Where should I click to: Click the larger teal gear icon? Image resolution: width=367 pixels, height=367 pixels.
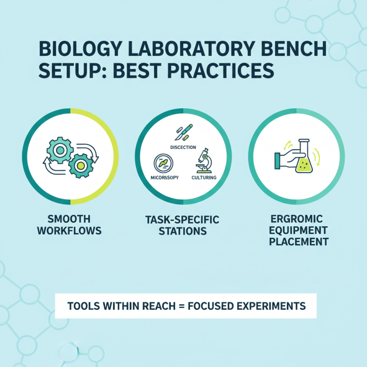click(x=60, y=150)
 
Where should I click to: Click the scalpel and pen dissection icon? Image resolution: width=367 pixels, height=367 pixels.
click(x=183, y=132)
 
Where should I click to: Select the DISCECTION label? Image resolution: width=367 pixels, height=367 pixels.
click(x=183, y=147)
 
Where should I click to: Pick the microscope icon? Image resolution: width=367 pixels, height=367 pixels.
click(x=203, y=161)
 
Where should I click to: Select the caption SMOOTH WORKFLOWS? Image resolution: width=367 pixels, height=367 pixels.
click(x=69, y=225)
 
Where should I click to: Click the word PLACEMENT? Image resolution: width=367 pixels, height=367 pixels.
click(x=299, y=241)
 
